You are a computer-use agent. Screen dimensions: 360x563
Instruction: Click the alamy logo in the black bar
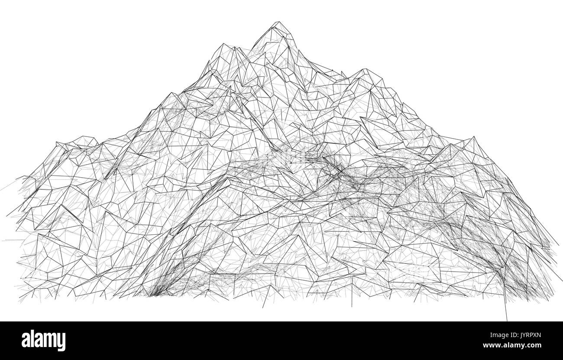pyautogui.click(x=43, y=341)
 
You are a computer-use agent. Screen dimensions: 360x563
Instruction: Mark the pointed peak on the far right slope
pyautogui.click(x=473, y=137)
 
